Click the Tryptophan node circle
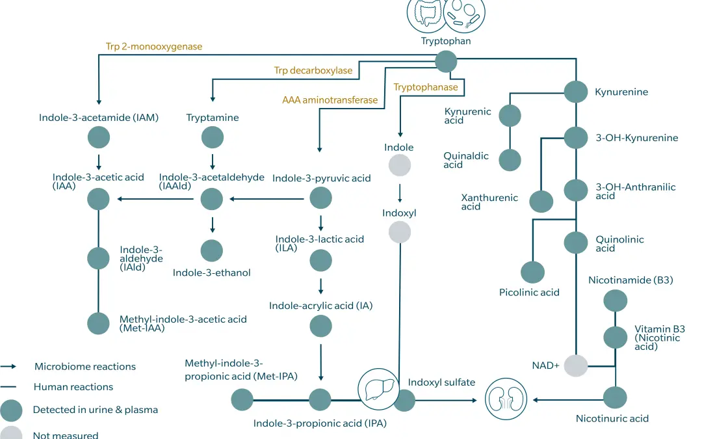pos(446,61)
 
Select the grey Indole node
pos(400,165)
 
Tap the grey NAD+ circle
pos(575,366)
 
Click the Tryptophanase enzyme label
pos(425,87)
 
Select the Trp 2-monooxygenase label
pos(154,47)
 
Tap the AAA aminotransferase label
pos(330,100)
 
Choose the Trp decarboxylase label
pos(313,71)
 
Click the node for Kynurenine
pos(575,91)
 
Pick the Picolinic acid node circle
pos(532,271)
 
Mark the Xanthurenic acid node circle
pos(541,201)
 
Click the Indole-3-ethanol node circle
pos(211,250)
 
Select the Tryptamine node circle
pos(213,137)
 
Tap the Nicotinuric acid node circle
pos(615,397)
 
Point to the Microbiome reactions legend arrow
pos(12,367)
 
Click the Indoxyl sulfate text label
pos(441,382)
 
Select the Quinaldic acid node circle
pos(510,159)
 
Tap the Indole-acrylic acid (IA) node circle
pos(320,325)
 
